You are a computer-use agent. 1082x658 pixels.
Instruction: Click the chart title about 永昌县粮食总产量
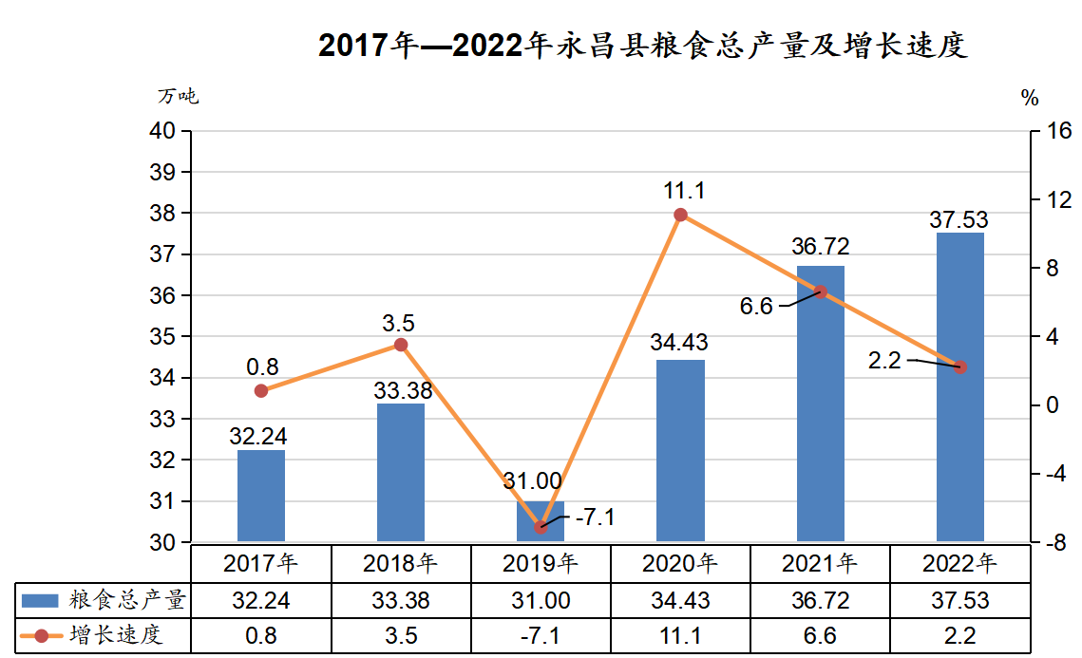pos(642,45)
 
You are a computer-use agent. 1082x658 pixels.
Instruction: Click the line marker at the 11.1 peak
pos(680,215)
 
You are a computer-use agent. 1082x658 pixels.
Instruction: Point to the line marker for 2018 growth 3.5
pos(401,345)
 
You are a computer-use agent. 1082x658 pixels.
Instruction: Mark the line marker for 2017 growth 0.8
pos(261,390)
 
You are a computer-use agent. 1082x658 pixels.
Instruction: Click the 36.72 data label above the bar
pos(821,247)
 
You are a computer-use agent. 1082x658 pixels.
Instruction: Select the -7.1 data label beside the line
pos(595,517)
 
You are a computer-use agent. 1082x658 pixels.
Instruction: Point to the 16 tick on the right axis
pos(1057,131)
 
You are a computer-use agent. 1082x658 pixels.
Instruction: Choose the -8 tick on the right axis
pos(1055,543)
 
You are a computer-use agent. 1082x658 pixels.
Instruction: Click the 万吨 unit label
pos(178,96)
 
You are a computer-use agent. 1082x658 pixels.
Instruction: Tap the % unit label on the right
pos(1030,97)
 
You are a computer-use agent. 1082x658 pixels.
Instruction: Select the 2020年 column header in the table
pos(680,563)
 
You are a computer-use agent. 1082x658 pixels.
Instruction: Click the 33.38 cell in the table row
pos(401,600)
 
